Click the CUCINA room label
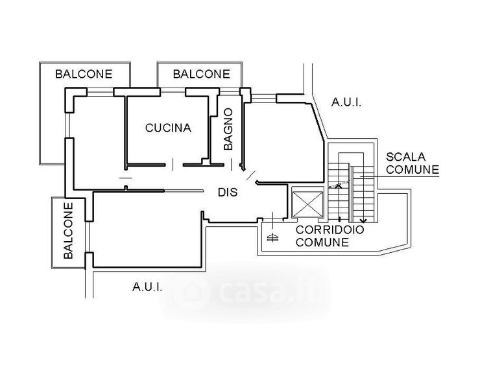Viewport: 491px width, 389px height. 168,128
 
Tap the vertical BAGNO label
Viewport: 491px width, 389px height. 228,129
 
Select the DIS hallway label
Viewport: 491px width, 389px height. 228,192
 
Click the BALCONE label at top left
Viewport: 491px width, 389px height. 84,74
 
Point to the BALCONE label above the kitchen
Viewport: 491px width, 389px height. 202,74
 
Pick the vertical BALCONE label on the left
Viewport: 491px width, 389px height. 68,231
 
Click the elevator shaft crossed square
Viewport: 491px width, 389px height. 307,204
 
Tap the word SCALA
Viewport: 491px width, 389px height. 405,156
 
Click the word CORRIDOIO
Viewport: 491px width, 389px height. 329,230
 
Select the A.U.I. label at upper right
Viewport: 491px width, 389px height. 346,102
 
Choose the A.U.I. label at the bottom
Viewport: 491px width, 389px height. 147,287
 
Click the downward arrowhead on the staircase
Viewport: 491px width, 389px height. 363,220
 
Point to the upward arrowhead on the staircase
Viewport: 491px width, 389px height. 339,186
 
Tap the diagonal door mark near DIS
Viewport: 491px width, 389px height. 252,175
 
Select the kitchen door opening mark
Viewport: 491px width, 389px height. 173,165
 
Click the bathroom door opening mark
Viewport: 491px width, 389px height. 232,165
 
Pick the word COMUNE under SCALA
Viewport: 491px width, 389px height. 413,169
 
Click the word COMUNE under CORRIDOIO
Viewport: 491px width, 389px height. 322,242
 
